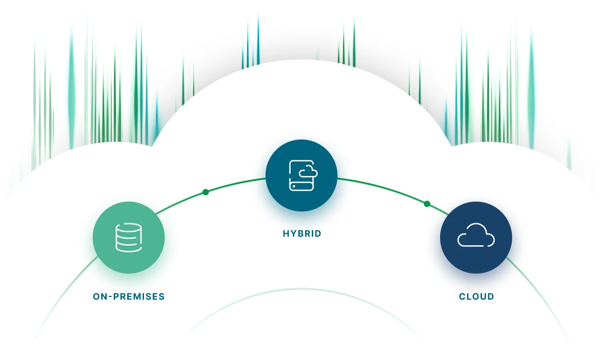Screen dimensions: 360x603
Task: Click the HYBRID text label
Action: point(302,234)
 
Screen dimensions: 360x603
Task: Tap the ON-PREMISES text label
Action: point(129,297)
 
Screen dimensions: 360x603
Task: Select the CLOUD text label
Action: point(477,297)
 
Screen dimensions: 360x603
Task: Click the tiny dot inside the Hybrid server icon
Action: point(294,186)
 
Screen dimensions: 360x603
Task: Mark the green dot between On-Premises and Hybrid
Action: point(206,192)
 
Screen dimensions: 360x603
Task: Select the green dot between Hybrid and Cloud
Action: point(427,204)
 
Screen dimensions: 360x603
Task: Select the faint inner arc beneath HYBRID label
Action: point(301,289)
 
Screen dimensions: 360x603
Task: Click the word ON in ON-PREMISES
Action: point(99,297)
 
